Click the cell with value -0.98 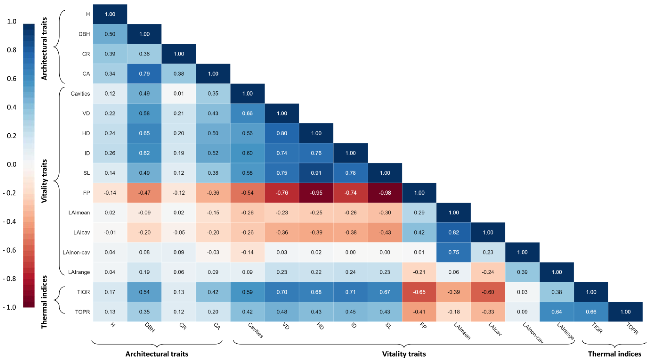click(x=385, y=193)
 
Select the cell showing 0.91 click(x=316, y=173)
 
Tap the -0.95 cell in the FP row click(x=316, y=193)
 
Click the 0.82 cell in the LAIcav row click(x=454, y=232)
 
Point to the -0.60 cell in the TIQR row click(x=488, y=292)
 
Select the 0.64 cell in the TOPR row click(x=557, y=312)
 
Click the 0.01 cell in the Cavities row click(x=179, y=93)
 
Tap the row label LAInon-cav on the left click(x=76, y=252)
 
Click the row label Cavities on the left click(x=80, y=93)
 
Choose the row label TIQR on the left click(x=83, y=292)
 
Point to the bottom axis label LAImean click(x=462, y=331)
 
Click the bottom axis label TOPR click(x=632, y=329)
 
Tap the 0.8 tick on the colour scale click(x=12, y=50)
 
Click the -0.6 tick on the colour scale click(x=9, y=250)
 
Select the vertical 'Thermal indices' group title click(x=44, y=302)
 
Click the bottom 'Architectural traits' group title click(x=157, y=354)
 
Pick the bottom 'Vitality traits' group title click(x=404, y=354)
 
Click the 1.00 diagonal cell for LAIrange click(x=557, y=272)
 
